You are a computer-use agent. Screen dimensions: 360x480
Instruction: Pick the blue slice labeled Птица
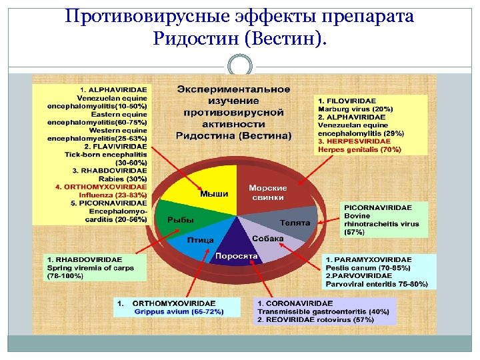coord(199,241)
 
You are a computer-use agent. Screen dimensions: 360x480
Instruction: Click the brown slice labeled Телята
coord(294,223)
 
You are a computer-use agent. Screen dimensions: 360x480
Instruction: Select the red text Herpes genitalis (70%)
coord(359,149)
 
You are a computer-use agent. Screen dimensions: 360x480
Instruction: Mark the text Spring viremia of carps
coord(90,267)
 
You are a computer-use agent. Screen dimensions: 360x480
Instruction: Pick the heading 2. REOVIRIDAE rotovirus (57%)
coord(317,319)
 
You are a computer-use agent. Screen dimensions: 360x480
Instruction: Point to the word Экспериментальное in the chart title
coord(233,89)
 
